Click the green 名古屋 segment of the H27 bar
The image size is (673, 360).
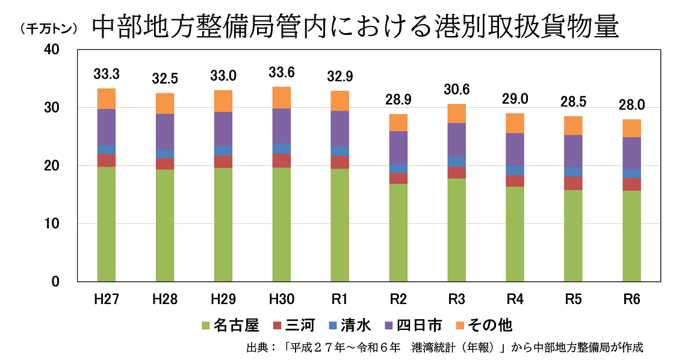[106, 224]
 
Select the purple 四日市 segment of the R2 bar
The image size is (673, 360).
[398, 147]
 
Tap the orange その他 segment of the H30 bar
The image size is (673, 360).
[281, 98]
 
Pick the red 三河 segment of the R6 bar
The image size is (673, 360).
[631, 184]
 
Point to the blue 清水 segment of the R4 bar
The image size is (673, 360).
[515, 170]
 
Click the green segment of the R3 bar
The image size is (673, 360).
[456, 230]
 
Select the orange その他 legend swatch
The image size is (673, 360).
[462, 326]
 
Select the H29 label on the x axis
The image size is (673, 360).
[223, 299]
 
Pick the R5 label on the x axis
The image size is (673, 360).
[573, 299]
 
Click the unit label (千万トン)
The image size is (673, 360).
[48, 28]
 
